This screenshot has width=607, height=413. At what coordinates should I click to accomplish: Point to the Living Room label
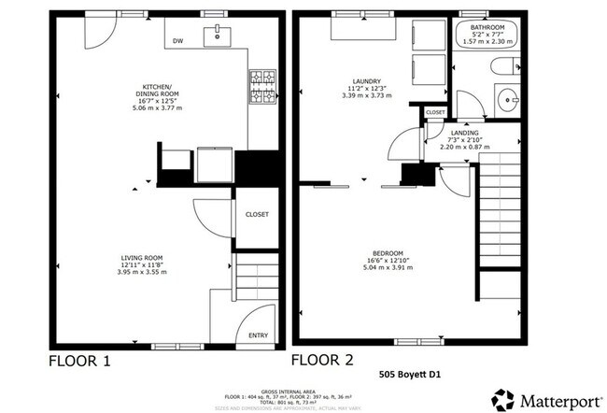[142, 265]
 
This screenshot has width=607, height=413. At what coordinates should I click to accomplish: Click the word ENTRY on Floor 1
[258, 337]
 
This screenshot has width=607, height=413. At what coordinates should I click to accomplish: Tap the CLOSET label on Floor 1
[256, 214]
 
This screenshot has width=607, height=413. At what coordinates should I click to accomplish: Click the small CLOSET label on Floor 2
[435, 112]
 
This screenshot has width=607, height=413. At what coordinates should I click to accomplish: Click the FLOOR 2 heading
[323, 360]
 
